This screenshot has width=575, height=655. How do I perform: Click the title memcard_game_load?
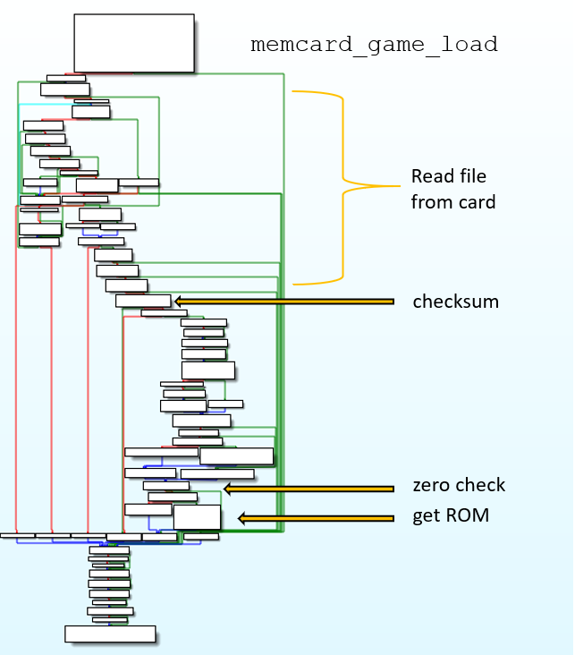374,45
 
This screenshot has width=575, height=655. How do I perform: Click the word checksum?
455,302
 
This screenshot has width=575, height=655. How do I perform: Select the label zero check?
459,486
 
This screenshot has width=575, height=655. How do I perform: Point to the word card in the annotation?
478,203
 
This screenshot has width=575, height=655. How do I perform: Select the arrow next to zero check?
309,489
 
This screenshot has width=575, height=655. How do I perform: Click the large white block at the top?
134,42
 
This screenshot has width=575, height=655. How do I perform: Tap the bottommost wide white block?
110,634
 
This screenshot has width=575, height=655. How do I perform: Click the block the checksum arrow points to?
143,301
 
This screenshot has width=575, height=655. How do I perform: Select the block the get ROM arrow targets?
197,517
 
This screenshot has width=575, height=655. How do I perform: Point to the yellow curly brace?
344,186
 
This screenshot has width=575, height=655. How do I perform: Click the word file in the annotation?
470,175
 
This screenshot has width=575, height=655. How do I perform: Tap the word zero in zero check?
433,486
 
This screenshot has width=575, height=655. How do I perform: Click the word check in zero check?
481,486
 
